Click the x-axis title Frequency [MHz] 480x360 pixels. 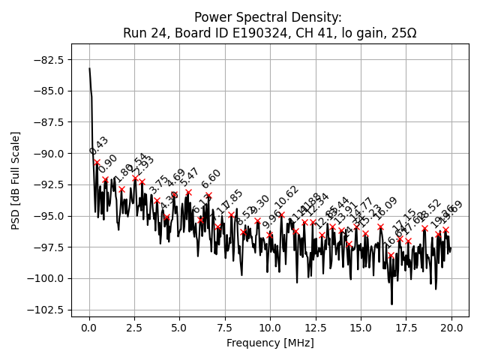click(x=270, y=343)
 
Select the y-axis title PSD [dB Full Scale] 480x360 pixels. click(x=16, y=180)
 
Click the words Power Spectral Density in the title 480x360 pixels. click(x=268, y=17)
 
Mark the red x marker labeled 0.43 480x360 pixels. click(x=97, y=162)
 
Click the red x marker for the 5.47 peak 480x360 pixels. click(x=188, y=192)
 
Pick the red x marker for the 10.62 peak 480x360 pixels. click(x=281, y=215)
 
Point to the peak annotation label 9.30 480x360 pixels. click(x=259, y=204)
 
